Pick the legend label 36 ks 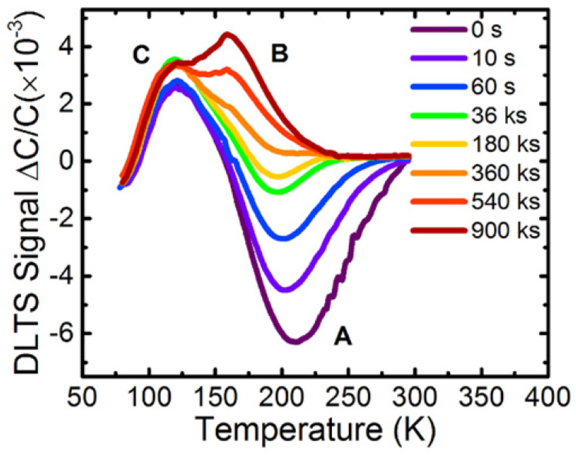coord(499,116)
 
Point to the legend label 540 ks coord(505,202)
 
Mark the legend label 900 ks coord(505,230)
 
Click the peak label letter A coord(343,338)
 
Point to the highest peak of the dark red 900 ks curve coord(228,35)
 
